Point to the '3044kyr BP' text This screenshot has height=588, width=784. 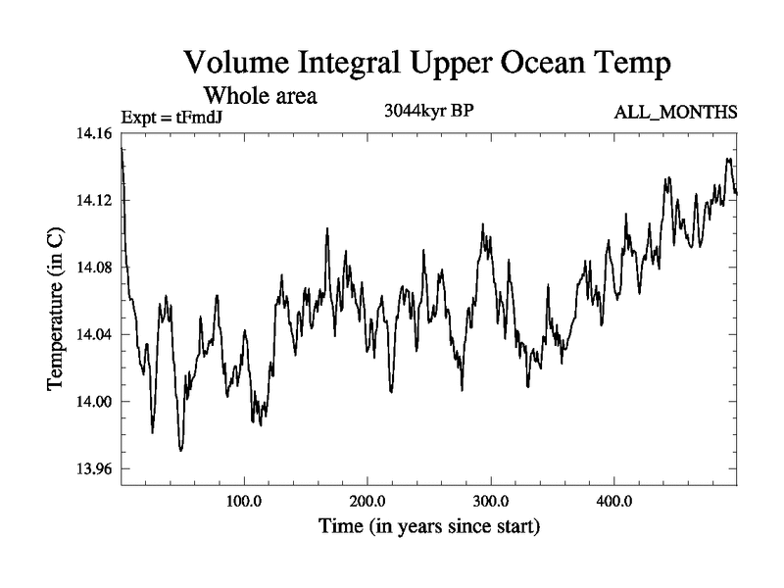pos(428,111)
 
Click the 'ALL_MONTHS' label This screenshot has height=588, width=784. pos(675,114)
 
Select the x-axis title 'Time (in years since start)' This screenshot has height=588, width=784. pos(428,527)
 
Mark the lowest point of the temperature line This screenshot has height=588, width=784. pos(180,450)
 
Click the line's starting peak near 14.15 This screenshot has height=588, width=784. pos(122,149)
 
